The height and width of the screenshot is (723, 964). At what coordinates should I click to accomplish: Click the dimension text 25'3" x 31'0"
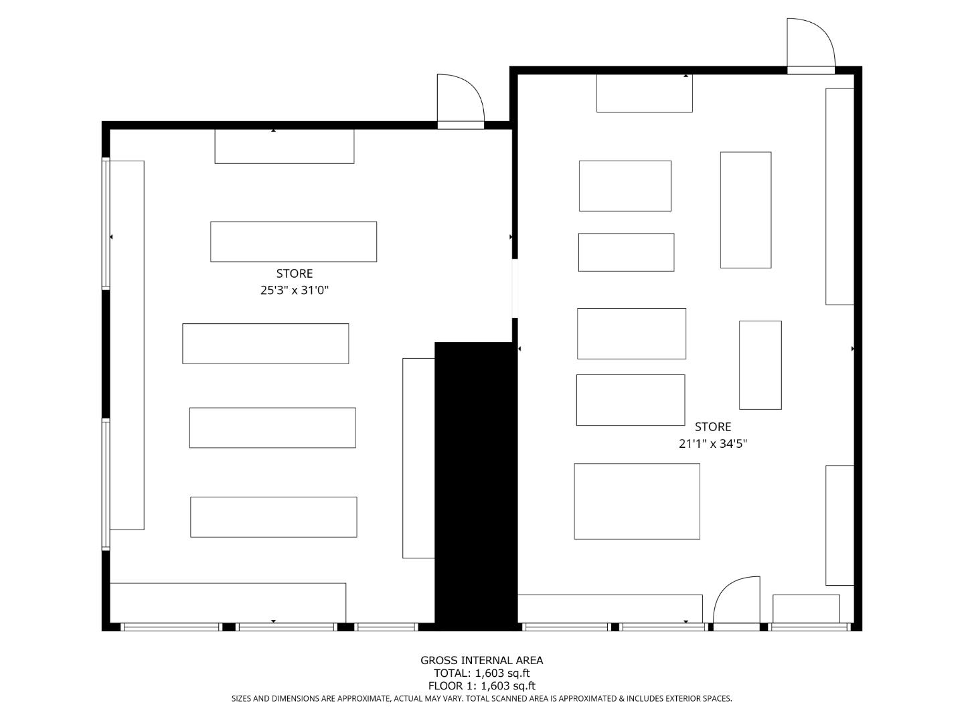point(295,291)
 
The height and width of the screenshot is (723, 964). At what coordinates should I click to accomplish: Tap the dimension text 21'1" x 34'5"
point(712,443)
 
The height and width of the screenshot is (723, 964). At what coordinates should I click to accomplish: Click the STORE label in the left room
point(295,273)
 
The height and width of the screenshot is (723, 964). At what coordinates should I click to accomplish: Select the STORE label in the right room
point(712,426)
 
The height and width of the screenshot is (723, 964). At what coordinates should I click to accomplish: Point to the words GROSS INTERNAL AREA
point(481,660)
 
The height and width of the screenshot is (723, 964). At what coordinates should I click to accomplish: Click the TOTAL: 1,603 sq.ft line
point(481,673)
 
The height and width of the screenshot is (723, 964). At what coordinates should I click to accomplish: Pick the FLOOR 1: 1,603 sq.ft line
point(481,686)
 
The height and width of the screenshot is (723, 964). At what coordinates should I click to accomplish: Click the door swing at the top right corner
point(809,44)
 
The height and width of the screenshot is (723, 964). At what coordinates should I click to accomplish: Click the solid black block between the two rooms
point(475,485)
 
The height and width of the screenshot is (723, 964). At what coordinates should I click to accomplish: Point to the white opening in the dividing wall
point(515,288)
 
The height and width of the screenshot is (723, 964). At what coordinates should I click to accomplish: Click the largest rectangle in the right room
point(637,501)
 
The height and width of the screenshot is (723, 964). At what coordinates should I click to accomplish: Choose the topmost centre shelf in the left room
point(293,242)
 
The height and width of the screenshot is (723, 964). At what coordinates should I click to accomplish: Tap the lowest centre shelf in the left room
point(273,517)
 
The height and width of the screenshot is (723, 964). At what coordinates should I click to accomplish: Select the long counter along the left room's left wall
point(127,345)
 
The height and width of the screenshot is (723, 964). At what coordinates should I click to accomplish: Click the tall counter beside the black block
point(418,458)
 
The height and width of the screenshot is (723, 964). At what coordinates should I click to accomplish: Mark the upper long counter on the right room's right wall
point(839,196)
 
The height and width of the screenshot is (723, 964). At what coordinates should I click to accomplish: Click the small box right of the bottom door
point(806,609)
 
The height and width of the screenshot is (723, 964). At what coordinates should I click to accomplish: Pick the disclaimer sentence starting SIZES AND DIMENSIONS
point(481,698)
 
